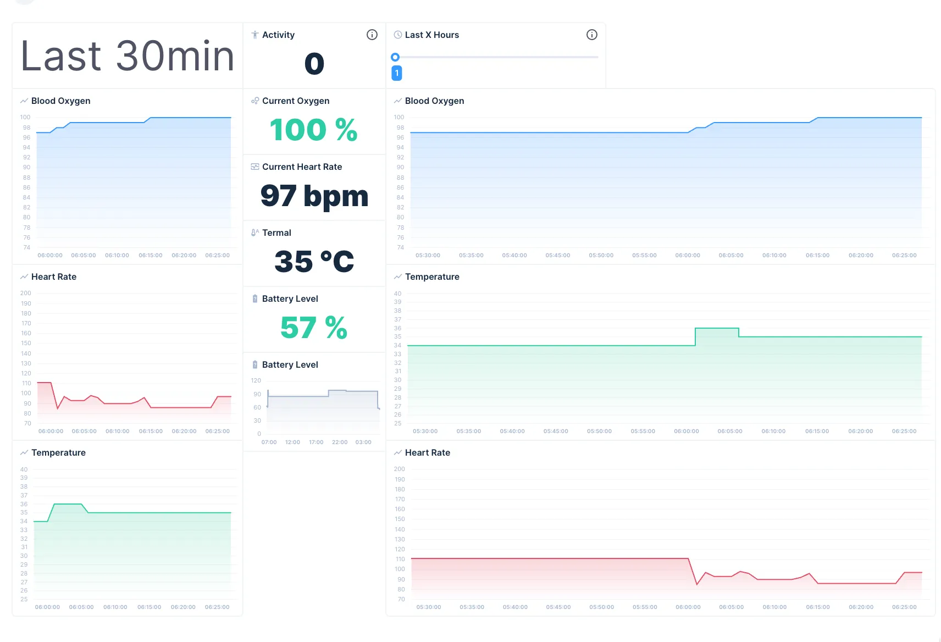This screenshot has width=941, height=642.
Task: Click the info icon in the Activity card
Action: (372, 35)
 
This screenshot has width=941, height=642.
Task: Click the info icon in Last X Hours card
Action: (591, 35)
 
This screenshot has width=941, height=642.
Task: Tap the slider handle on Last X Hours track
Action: (395, 57)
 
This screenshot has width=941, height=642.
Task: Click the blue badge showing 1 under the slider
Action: (396, 73)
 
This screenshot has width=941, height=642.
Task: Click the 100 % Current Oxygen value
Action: (313, 130)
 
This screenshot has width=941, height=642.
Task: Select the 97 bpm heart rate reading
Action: (314, 196)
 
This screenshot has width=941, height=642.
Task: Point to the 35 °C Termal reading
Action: (314, 262)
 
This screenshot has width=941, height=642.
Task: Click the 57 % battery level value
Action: (313, 328)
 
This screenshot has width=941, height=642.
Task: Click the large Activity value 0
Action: (314, 64)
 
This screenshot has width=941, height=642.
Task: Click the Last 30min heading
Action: (128, 56)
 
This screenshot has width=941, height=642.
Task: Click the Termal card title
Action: (276, 233)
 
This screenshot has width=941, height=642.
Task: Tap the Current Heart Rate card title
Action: (302, 167)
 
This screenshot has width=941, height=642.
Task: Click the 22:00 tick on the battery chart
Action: (340, 442)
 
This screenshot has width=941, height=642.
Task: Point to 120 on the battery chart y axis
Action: (256, 380)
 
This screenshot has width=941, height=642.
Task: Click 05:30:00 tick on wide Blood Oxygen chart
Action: (428, 255)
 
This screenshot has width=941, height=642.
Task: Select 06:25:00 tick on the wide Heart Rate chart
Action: (904, 607)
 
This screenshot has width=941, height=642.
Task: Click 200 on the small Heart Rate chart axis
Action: (26, 293)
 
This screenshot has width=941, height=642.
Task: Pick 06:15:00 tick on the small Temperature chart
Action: (149, 607)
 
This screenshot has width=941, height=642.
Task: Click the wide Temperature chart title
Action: (431, 276)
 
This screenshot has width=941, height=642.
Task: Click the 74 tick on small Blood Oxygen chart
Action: (26, 247)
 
